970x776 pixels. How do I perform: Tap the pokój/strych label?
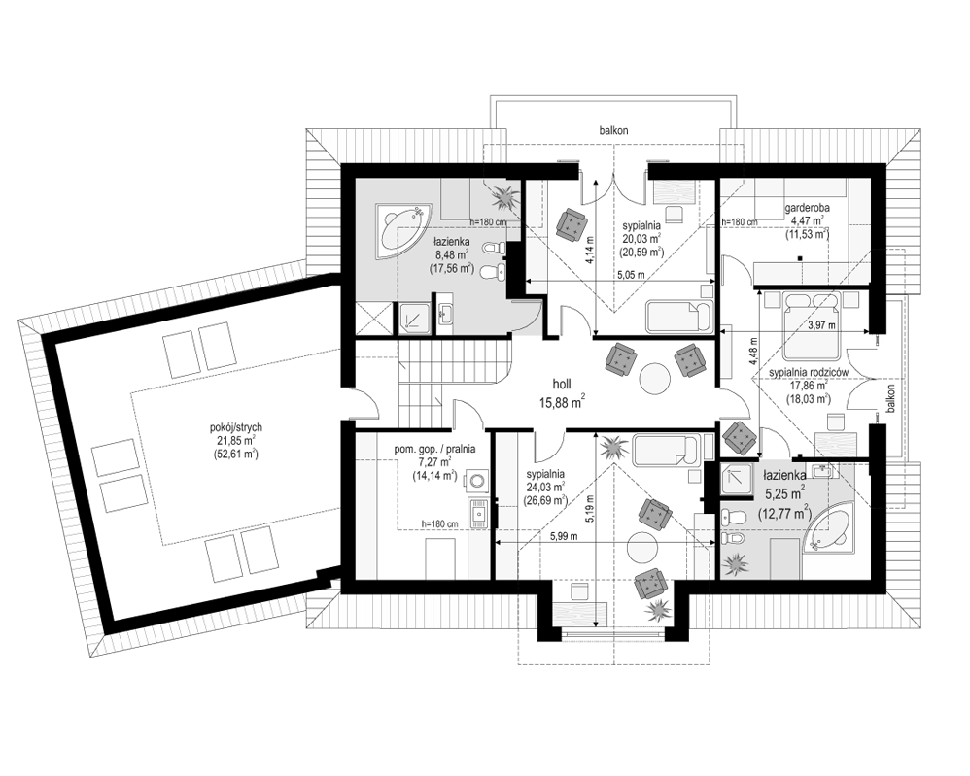pyautogui.click(x=235, y=426)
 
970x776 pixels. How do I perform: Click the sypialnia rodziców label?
pyautogui.click(x=808, y=372)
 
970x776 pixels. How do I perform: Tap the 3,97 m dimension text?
pyautogui.click(x=821, y=325)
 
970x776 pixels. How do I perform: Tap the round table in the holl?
pyautogui.click(x=656, y=378)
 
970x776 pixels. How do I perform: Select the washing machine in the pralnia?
pyautogui.click(x=475, y=480)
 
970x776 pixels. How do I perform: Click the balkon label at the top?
pyautogui.click(x=613, y=130)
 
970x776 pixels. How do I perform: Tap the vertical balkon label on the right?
pyautogui.click(x=889, y=398)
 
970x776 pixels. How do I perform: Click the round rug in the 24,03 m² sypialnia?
pyautogui.click(x=642, y=547)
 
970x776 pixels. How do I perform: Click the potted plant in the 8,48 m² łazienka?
pyautogui.click(x=505, y=196)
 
